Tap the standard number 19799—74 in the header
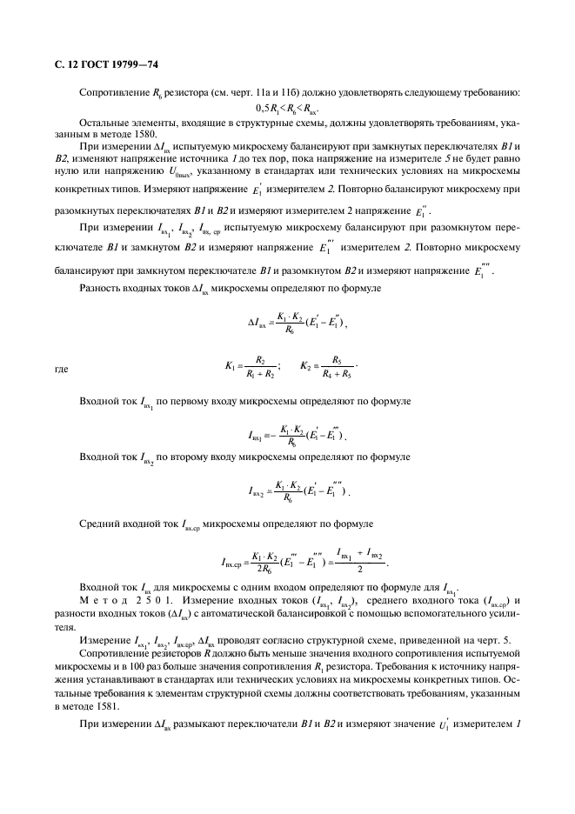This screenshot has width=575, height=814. [130, 64]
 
